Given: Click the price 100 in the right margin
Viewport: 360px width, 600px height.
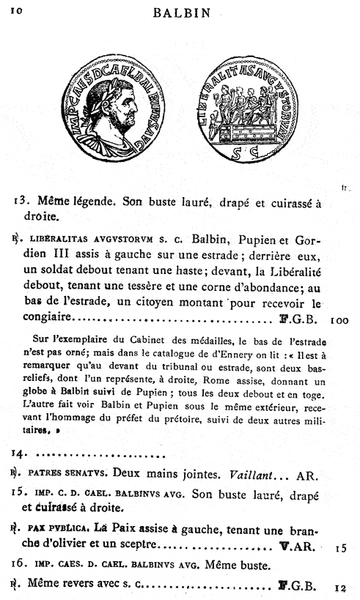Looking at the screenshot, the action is tap(342, 320).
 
